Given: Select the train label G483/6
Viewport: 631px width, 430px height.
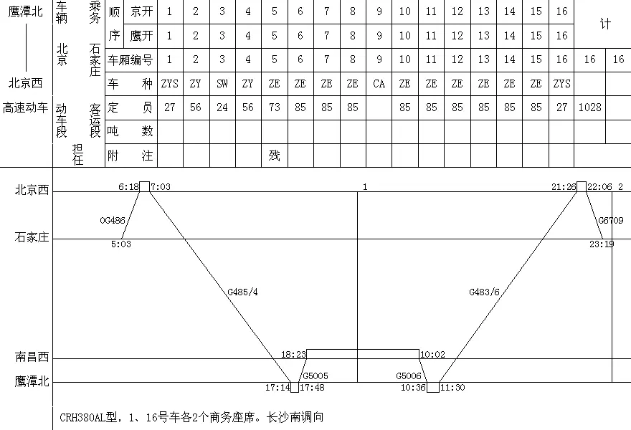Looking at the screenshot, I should [x=484, y=292].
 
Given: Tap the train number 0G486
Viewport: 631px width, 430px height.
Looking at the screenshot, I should [x=113, y=221].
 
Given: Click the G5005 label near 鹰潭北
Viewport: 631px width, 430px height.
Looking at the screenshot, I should [x=315, y=375].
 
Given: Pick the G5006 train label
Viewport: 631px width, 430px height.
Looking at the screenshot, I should [x=409, y=375].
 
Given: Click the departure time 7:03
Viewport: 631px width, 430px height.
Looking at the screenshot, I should [x=162, y=186].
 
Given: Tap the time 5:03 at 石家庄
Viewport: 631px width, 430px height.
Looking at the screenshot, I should [x=120, y=244].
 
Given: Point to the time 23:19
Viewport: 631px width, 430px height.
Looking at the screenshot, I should [x=601, y=244].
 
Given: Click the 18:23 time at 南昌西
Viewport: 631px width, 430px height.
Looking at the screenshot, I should [x=293, y=354].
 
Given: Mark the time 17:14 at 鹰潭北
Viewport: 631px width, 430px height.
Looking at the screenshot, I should [x=277, y=388].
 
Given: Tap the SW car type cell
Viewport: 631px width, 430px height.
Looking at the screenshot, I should [x=222, y=84].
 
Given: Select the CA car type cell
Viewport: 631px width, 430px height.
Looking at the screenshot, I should [x=379, y=84].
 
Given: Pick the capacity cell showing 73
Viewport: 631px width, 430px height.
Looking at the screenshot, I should [x=274, y=107].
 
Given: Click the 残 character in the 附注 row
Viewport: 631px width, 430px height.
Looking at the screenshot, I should [x=274, y=155].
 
